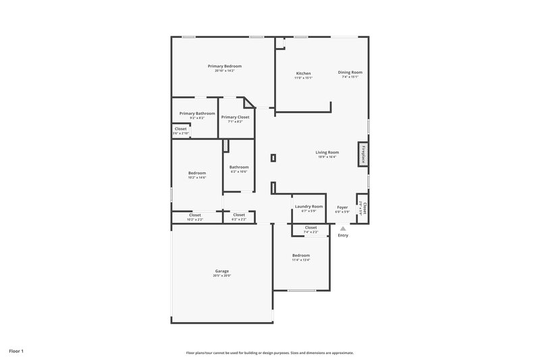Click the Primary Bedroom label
[224, 66]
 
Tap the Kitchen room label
[303, 73]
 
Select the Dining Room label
[350, 72]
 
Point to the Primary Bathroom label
[197, 113]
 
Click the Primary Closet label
[235, 117]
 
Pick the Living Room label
[327, 152]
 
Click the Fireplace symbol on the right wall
[363, 154]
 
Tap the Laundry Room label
[308, 207]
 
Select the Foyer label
[342, 207]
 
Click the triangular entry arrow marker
[343, 228]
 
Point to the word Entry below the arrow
[343, 235]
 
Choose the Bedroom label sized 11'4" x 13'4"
[301, 255]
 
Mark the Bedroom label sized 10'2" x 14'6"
[197, 173]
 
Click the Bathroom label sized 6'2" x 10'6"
[239, 167]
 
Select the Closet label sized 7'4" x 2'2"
[310, 228]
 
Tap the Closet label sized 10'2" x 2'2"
[195, 215]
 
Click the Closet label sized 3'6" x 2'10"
[181, 128]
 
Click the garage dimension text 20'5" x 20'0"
[222, 275]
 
